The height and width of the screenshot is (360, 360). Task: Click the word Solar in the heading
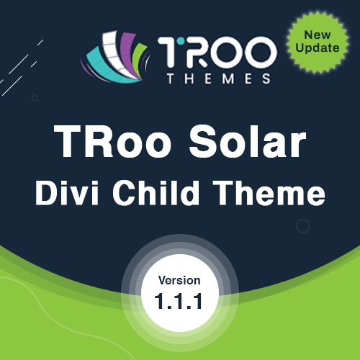click(x=248, y=141)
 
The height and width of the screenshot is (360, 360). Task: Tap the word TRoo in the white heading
click(x=112, y=141)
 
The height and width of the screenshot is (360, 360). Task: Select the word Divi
click(x=67, y=193)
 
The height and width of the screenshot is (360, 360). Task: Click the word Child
click(x=156, y=193)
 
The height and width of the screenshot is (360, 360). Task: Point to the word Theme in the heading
click(x=269, y=193)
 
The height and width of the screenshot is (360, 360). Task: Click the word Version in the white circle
click(x=179, y=280)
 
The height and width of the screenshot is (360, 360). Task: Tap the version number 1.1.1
click(x=179, y=301)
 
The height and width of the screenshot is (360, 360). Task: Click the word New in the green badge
click(x=318, y=35)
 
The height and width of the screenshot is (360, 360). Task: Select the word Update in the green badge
click(x=318, y=48)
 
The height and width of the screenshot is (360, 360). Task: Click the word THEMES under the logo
click(x=219, y=78)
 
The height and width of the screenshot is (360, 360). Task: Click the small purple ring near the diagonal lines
click(x=35, y=98)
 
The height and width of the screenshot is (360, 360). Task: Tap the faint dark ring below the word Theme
click(x=303, y=226)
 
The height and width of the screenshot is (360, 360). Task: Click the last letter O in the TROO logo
click(x=261, y=52)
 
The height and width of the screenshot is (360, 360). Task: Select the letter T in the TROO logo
click(x=168, y=52)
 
